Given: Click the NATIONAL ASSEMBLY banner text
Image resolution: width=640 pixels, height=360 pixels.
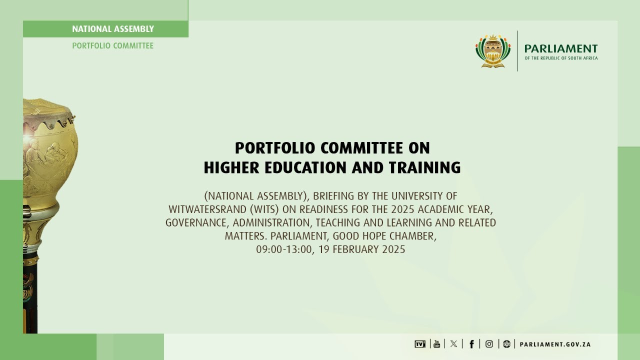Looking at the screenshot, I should pyautogui.click(x=113, y=29).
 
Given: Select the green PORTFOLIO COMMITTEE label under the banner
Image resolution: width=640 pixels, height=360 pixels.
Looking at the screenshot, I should pyautogui.click(x=113, y=46).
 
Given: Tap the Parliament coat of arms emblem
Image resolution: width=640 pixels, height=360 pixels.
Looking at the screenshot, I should pyautogui.click(x=493, y=51).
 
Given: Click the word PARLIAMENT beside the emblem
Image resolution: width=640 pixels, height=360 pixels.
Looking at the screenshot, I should pyautogui.click(x=561, y=48).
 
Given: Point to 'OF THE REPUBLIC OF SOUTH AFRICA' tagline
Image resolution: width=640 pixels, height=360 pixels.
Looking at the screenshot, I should pyautogui.click(x=561, y=58).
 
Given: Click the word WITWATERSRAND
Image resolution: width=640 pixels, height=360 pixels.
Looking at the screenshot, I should pyautogui.click(x=200, y=209).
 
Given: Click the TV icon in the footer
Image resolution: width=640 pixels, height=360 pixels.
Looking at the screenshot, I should pyautogui.click(x=420, y=344).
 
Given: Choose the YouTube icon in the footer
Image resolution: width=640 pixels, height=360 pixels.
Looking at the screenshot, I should pyautogui.click(x=437, y=344).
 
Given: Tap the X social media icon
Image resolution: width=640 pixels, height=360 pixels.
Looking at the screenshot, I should pyautogui.click(x=453, y=344).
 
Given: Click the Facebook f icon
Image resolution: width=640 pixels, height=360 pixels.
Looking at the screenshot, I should pyautogui.click(x=471, y=344).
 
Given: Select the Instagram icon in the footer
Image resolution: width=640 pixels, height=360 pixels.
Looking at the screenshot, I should pyautogui.click(x=489, y=344).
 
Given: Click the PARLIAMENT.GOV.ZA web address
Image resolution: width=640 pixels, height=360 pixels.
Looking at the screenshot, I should pyautogui.click(x=555, y=344).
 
